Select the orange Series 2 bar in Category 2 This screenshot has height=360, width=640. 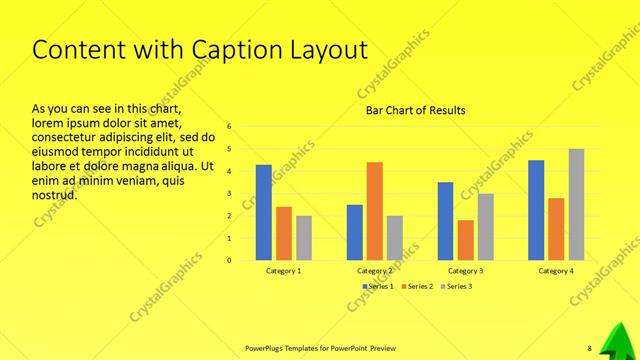click(374, 211)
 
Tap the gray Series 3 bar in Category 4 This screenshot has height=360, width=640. click(576, 205)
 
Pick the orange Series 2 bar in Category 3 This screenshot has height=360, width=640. click(465, 240)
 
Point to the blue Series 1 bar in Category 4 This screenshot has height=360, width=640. click(536, 210)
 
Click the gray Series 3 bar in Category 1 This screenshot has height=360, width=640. click(303, 238)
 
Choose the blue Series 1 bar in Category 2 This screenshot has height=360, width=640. click(354, 232)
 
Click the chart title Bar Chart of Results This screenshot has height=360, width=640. click(415, 110)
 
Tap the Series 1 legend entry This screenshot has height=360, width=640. click(377, 286)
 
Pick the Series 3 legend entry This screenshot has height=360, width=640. click(455, 286)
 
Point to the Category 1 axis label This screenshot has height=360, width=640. click(283, 271)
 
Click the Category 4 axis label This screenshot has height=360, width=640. click(556, 271)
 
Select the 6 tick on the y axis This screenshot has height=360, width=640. click(229, 127)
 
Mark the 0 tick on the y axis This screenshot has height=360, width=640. click(229, 260)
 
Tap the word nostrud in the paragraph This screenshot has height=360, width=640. click(55, 195)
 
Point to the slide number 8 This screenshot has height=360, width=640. click(589, 348)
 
